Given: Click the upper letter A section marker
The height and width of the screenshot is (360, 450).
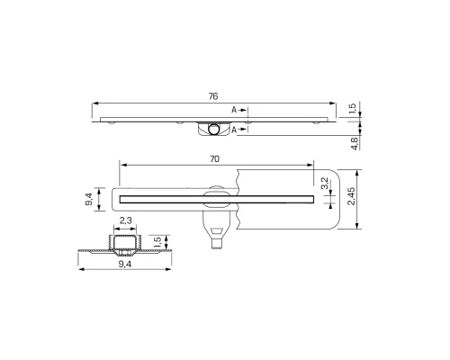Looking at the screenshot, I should click(x=235, y=109).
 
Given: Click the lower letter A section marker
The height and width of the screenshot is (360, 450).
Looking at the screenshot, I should click(x=235, y=130).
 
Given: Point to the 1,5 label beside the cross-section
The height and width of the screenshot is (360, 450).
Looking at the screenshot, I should click(x=157, y=241).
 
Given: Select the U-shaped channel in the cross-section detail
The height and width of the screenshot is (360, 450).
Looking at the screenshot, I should click(x=126, y=244).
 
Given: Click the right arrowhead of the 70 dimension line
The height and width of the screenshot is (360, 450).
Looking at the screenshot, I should click(x=314, y=165).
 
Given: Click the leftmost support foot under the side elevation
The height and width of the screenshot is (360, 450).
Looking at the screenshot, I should click(x=114, y=121).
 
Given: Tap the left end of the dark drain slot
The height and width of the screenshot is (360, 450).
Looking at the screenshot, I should click(x=122, y=194).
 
